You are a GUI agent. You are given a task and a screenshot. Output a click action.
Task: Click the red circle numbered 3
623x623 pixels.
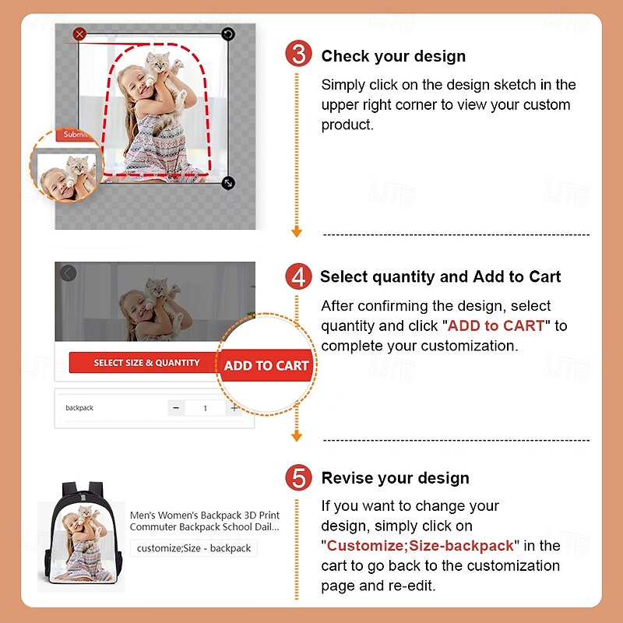click(298, 54)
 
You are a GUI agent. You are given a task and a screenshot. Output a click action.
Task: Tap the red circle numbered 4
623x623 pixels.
click(298, 276)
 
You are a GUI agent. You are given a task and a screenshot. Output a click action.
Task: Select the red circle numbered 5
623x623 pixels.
click(298, 477)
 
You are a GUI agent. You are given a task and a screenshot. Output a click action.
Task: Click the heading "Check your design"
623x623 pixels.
click(393, 56)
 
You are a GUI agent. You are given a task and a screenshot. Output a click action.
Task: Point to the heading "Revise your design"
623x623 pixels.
click(396, 478)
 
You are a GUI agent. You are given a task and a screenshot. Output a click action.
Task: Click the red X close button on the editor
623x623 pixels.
click(79, 34)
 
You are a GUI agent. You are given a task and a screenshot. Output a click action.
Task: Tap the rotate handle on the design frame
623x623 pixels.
click(228, 34)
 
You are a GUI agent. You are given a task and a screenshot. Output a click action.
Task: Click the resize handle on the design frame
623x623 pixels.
click(228, 183)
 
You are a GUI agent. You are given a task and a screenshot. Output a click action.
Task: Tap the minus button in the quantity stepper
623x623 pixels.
click(176, 408)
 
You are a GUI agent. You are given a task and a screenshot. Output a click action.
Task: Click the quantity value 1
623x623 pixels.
click(205, 408)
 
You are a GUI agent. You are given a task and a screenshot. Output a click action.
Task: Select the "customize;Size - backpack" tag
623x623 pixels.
click(193, 548)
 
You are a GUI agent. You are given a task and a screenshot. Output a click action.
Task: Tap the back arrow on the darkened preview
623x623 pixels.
click(69, 273)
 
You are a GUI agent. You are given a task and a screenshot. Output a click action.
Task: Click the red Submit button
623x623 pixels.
click(76, 135)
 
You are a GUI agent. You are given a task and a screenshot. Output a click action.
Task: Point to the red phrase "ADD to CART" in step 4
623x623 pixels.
click(495, 326)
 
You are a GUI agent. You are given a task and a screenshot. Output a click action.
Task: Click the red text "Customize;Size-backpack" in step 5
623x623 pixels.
click(420, 546)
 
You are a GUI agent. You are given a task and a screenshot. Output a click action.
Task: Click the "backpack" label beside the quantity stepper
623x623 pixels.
click(79, 408)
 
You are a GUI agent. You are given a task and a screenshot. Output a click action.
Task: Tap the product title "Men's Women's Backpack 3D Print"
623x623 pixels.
click(205, 516)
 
